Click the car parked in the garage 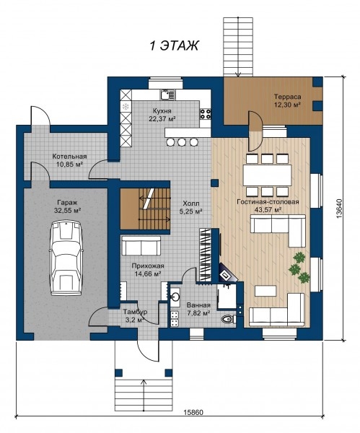(66, 258)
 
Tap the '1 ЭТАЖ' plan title (174, 46)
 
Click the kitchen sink (167, 95)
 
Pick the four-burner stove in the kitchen (206, 114)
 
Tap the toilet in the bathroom (228, 319)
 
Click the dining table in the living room (267, 175)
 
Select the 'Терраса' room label (287, 97)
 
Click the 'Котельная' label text (69, 157)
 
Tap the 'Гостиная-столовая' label (268, 202)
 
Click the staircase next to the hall (144, 209)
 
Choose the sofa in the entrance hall (141, 245)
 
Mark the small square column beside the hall (214, 183)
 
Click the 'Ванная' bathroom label (198, 305)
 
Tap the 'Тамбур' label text (136, 312)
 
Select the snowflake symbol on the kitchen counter (126, 106)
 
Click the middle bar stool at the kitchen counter (181, 142)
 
